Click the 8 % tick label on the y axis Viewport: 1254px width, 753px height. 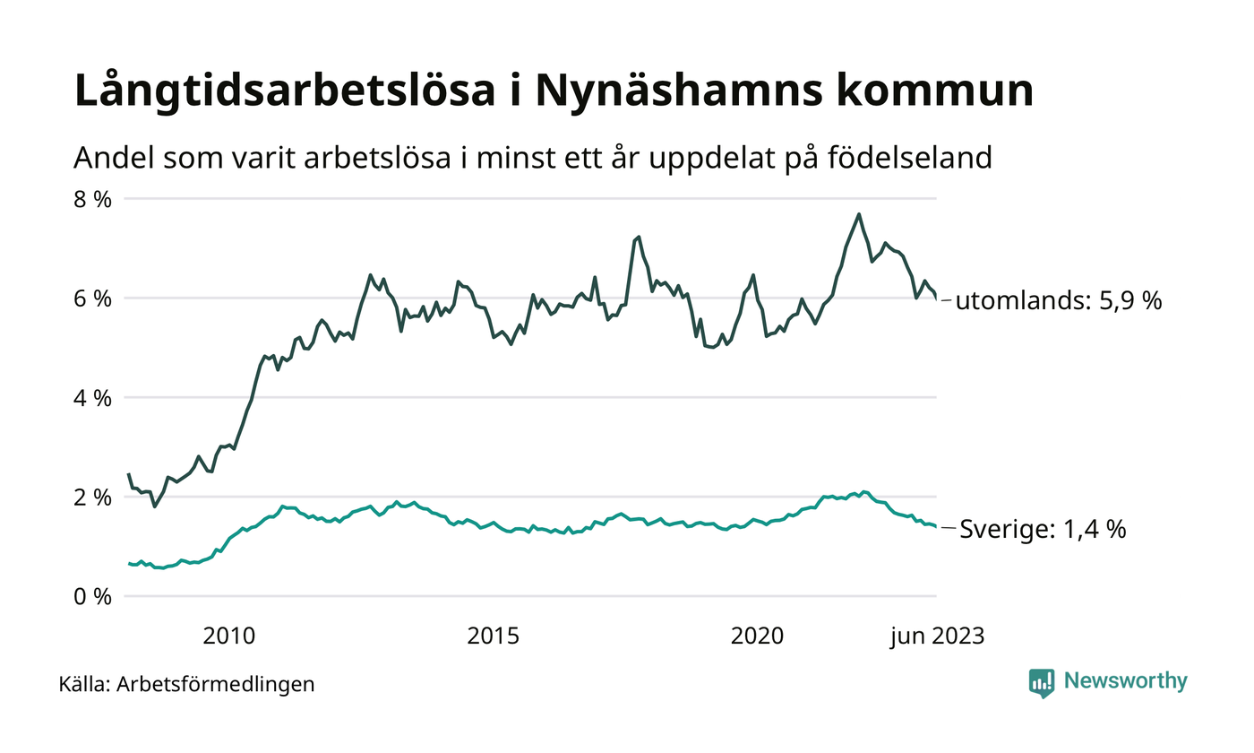(93, 199)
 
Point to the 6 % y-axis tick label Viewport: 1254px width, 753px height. (93, 299)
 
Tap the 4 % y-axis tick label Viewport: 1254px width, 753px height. (93, 398)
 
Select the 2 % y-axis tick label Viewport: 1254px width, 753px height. (93, 498)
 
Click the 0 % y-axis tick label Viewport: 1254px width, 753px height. (93, 597)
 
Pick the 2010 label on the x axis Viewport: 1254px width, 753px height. (228, 636)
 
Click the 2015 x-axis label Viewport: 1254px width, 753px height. (494, 636)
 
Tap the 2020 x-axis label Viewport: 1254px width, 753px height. (758, 636)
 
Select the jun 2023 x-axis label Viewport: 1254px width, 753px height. (937, 636)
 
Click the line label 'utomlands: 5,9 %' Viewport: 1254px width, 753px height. (1058, 301)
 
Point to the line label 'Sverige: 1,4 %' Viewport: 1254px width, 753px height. (1043, 530)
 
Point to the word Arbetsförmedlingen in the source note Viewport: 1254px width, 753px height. (216, 684)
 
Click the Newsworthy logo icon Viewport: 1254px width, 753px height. (1042, 683)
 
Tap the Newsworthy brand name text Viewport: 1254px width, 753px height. (1125, 681)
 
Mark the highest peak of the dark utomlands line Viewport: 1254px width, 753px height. (859, 214)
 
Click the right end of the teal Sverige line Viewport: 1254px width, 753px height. (936, 527)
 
